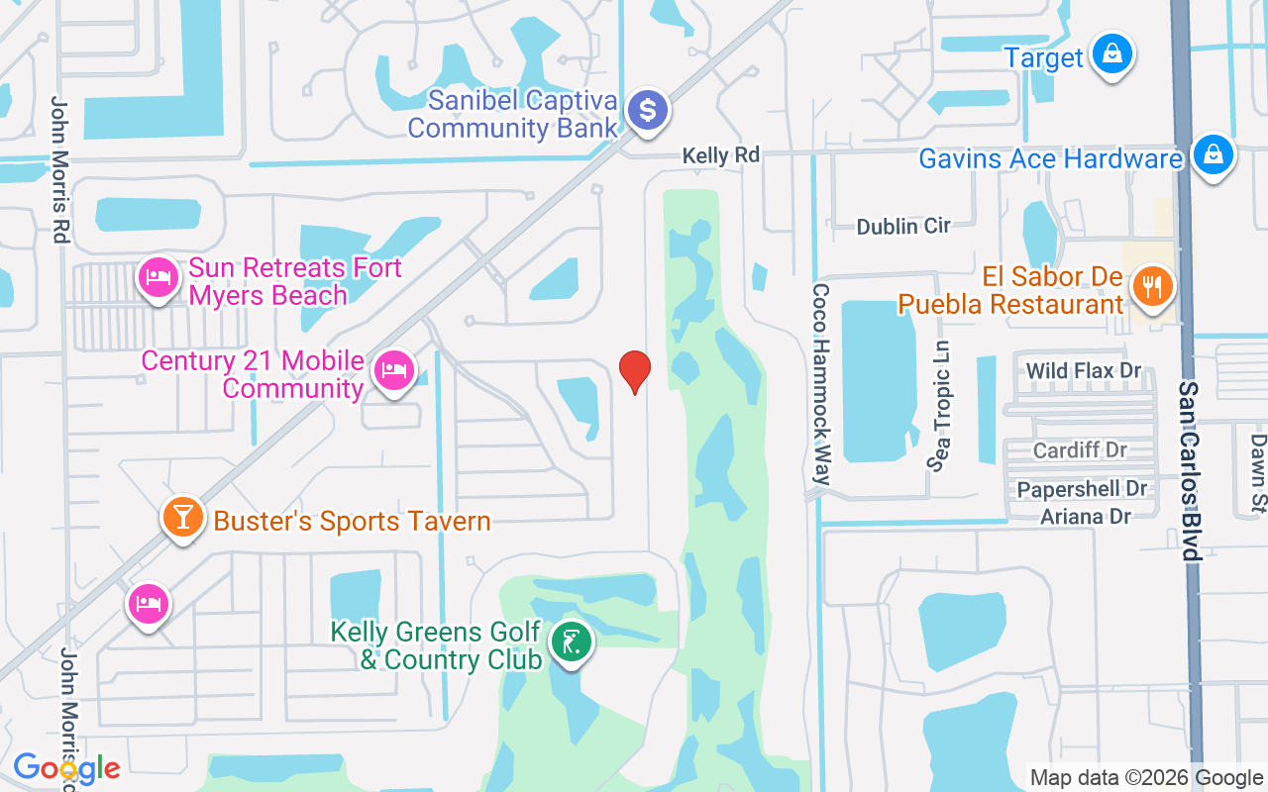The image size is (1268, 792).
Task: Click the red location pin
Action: [634, 372]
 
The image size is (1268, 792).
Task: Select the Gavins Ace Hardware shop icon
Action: [1212, 154]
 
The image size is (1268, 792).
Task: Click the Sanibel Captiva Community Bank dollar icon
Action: [648, 109]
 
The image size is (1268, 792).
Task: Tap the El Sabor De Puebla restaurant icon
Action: [1151, 287]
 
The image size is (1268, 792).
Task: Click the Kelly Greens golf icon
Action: [571, 643]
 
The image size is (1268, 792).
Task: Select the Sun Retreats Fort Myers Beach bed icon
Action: [158, 277]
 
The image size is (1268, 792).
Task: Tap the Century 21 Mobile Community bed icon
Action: [393, 370]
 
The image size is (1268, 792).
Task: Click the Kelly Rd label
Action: [721, 155]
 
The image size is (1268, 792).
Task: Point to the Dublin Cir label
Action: [903, 226]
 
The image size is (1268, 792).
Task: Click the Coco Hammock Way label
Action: [820, 384]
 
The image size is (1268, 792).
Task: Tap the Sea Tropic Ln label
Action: [940, 406]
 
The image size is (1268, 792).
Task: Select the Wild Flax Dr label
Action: [1084, 371]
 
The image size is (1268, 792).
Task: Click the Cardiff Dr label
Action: [1080, 450]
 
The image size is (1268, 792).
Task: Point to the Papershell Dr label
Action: [1082, 489]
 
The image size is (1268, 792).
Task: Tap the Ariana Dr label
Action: [1086, 516]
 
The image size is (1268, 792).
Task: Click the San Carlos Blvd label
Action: [1189, 469]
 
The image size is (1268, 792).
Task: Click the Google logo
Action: [66, 768]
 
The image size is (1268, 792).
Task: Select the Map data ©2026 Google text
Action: [1146, 778]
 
